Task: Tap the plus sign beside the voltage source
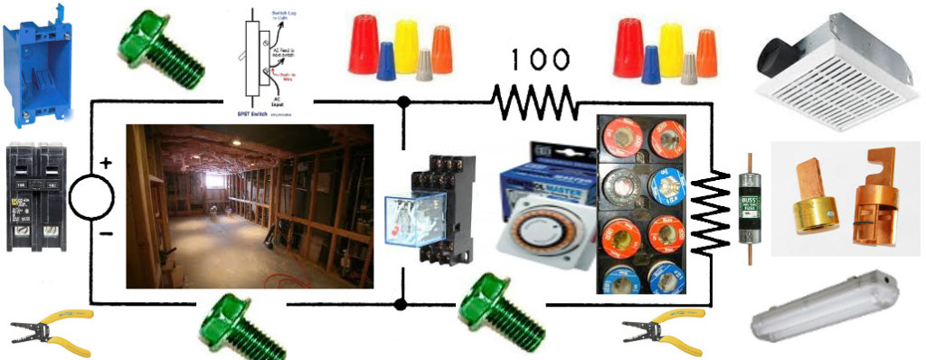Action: click(107, 164)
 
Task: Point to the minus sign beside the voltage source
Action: click(107, 234)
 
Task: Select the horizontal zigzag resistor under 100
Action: click(535, 102)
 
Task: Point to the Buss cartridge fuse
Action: click(747, 207)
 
